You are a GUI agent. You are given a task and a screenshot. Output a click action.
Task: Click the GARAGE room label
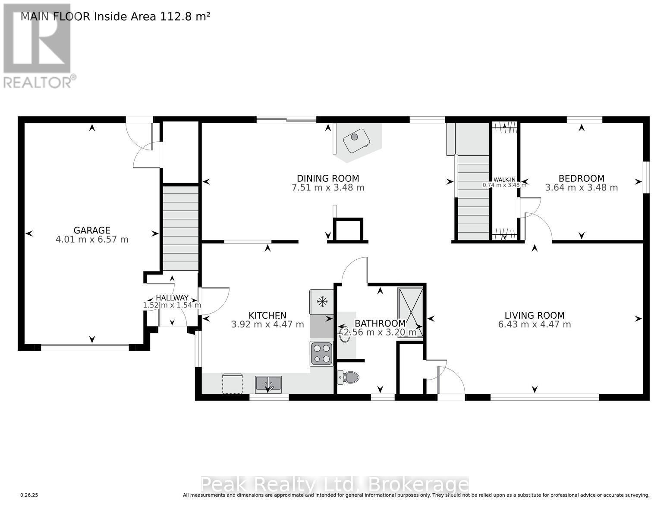(92, 230)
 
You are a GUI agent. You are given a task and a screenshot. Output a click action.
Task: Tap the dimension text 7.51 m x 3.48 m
(328, 188)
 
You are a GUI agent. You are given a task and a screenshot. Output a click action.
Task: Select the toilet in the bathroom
(348, 378)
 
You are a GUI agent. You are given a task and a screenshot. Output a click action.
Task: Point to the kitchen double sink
(268, 383)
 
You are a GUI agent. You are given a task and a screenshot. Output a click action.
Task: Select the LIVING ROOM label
(535, 315)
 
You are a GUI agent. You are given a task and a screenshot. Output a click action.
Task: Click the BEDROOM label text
(581, 178)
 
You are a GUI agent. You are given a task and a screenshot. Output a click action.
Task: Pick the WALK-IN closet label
(504, 180)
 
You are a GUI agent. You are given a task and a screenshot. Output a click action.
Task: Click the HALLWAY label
(172, 298)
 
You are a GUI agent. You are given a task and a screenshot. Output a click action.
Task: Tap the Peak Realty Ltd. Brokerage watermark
(334, 485)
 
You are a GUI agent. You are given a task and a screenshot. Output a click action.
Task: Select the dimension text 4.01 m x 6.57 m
(92, 240)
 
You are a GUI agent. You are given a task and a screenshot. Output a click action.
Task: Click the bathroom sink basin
(345, 335)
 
